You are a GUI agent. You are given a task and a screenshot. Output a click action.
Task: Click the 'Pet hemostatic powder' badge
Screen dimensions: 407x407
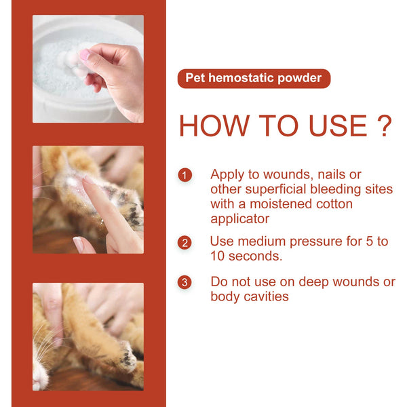click(x=254, y=78)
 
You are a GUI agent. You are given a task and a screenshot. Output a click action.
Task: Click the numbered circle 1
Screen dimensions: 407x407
click(x=185, y=176)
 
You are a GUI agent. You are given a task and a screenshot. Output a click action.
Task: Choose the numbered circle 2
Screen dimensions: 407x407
click(x=185, y=243)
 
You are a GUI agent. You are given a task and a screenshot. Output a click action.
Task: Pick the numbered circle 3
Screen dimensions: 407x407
click(x=185, y=282)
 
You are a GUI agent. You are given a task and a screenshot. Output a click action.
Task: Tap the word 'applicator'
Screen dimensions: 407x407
click(x=239, y=219)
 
